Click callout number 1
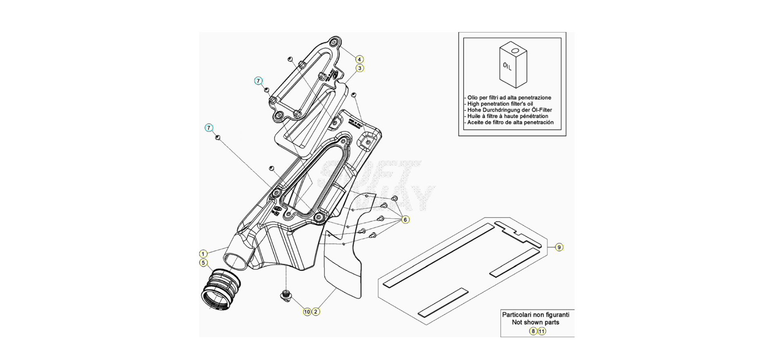pos(203,254)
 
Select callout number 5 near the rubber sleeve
pos(203,263)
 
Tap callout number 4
pos(359,60)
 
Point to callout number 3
pos(360,68)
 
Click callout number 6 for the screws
pos(405,220)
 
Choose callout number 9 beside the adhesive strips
pos(559,247)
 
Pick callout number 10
pos(307,312)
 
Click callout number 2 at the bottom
pos(316,312)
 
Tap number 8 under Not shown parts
pos(533,331)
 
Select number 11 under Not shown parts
pos(542,331)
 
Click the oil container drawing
pos(513,65)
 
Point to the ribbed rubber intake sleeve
pos(220,289)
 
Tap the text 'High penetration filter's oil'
pos(500,104)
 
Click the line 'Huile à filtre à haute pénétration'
pos(508,116)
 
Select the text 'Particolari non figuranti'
pos(536,315)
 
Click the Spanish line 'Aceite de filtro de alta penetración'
pos(510,122)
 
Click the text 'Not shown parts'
pos(536,322)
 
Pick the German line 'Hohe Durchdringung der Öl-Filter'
pos(510,110)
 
